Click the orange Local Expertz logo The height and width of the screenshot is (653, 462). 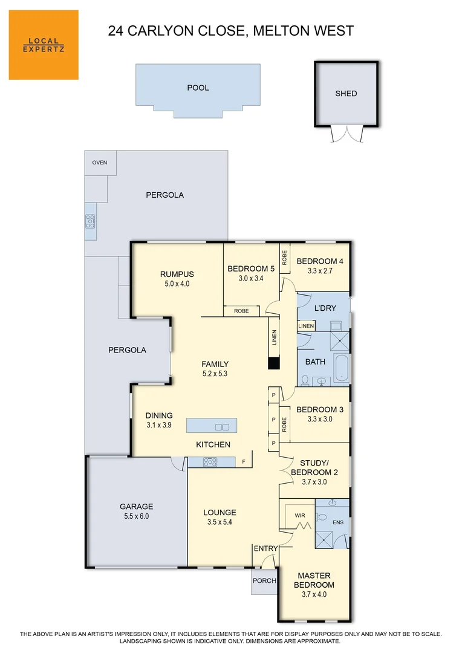point(44,45)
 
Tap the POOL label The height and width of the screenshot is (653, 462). point(198,88)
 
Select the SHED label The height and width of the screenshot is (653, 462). point(346,94)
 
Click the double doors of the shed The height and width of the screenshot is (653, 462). point(346,134)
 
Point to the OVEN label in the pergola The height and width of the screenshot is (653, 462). point(100,163)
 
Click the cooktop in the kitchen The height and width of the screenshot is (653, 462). point(210,462)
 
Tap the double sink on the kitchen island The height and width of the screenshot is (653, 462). point(222,427)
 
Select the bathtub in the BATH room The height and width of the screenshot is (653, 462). point(341,368)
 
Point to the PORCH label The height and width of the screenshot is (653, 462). point(264,581)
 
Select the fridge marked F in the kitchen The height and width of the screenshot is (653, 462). point(243,462)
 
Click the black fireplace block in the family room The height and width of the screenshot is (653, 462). point(274,363)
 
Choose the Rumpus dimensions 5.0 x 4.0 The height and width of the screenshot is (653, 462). point(177,283)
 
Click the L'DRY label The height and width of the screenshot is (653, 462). point(322,308)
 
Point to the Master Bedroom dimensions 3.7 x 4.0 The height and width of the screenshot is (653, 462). point(314,594)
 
